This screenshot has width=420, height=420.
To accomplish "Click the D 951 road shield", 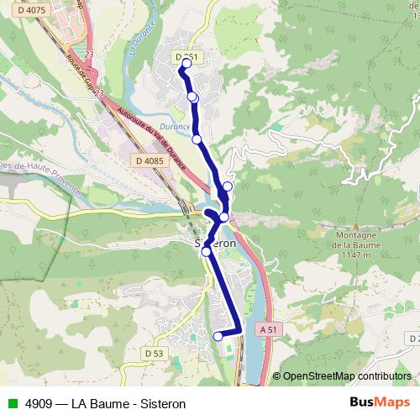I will pos(187,56).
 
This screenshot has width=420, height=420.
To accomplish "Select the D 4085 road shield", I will pos(148,160).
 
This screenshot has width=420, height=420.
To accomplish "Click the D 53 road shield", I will pos(154,354).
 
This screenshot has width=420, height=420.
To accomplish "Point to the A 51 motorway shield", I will pos(268,330).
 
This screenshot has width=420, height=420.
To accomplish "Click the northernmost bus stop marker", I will pos(186,63).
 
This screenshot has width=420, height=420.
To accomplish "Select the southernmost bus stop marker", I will pos(218,336).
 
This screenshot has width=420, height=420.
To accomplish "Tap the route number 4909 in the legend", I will pos(35,403).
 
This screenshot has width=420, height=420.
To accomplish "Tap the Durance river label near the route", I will pos(176,126).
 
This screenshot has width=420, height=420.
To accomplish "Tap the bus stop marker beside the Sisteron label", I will pos(206,251).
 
